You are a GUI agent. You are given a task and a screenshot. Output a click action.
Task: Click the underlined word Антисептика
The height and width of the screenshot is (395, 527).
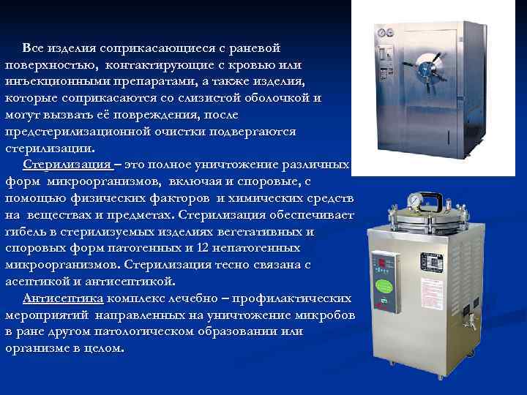(64, 298)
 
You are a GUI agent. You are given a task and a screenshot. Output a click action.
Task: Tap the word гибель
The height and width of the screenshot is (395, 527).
(25, 232)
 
